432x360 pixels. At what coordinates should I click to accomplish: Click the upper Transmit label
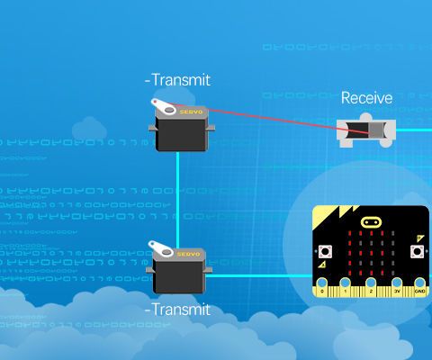[x=178, y=79]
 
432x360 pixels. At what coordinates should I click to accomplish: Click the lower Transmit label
[x=178, y=310]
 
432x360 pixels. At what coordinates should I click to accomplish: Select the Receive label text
[x=366, y=97]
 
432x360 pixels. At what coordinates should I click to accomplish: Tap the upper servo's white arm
[x=166, y=106]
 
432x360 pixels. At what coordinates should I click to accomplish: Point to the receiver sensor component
[x=364, y=131]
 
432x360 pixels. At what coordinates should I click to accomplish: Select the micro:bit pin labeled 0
[x=322, y=289]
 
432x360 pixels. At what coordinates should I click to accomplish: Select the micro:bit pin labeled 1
[x=346, y=289]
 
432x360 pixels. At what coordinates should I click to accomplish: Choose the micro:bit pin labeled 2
[x=371, y=289]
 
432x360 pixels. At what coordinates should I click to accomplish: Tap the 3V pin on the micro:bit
[x=396, y=289]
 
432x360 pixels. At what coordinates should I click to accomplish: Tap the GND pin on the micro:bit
[x=418, y=289]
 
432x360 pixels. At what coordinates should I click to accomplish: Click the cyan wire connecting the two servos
[x=177, y=193]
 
